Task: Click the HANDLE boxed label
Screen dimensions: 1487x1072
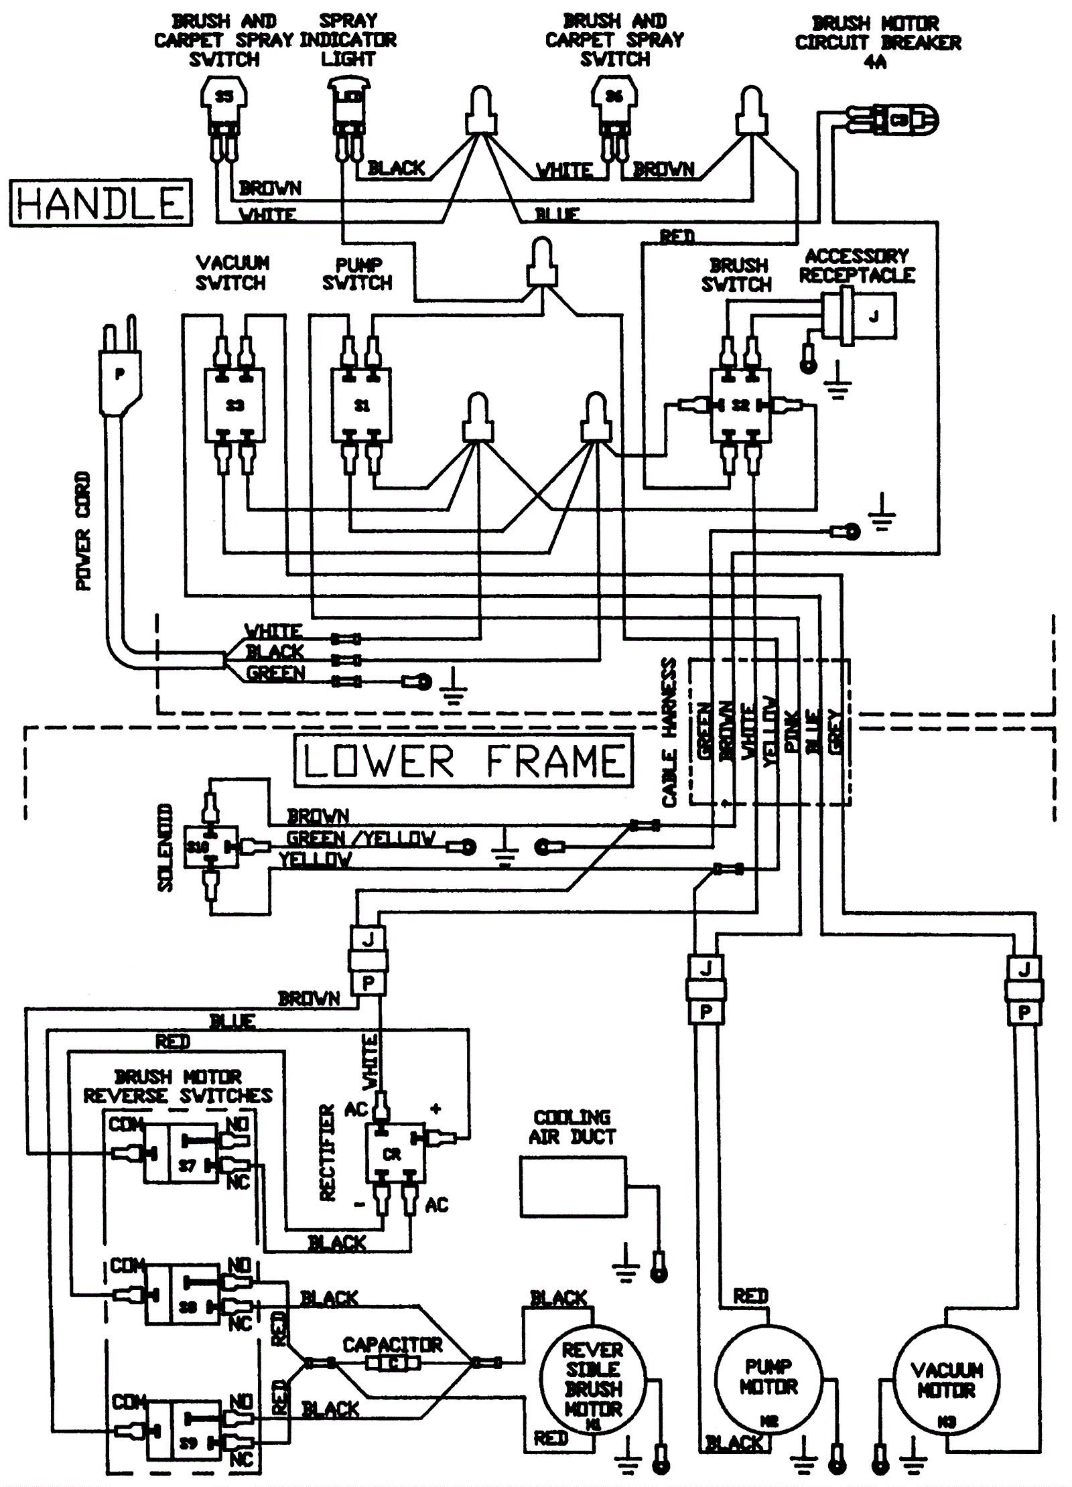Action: pyautogui.click(x=100, y=202)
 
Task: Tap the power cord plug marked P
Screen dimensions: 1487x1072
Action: pyautogui.click(x=121, y=375)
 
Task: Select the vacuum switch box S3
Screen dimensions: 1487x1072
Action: pyautogui.click(x=234, y=405)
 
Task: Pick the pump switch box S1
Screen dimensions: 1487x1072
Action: pyautogui.click(x=362, y=405)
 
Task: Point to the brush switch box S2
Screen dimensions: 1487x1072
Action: pyautogui.click(x=740, y=405)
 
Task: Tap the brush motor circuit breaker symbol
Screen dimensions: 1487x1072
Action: pyautogui.click(x=898, y=121)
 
